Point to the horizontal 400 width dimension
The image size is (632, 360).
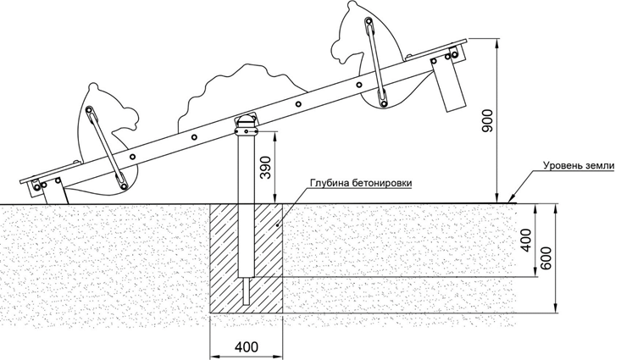click(x=246, y=346)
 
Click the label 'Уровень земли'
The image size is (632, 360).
click(x=582, y=168)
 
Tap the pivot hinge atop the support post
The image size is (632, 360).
click(x=246, y=125)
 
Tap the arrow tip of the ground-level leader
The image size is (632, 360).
click(x=509, y=202)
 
